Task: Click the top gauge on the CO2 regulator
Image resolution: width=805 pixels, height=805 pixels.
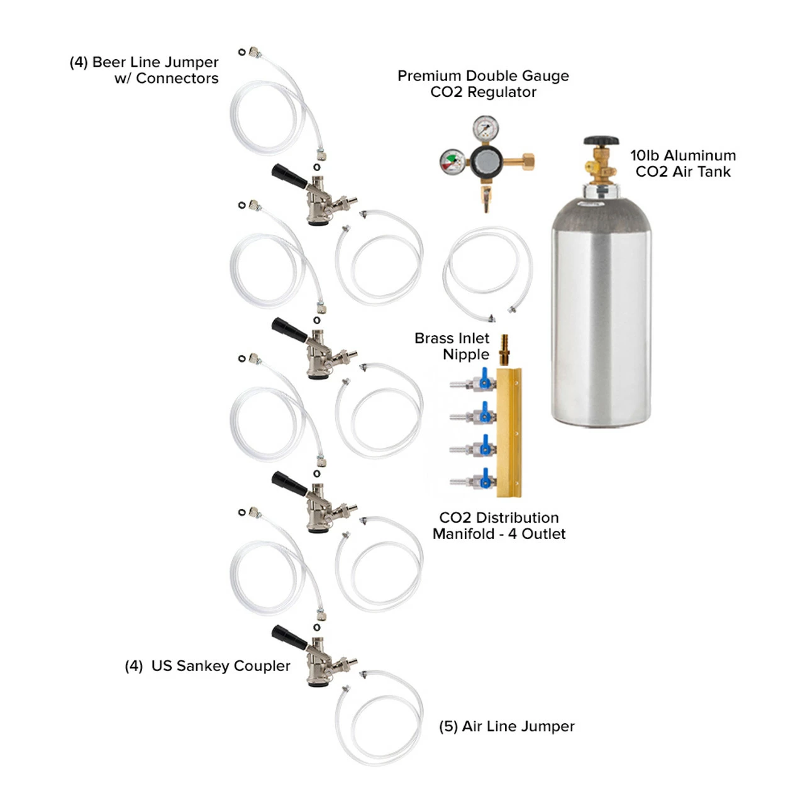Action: (486, 129)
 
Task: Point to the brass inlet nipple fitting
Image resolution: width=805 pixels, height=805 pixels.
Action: (504, 350)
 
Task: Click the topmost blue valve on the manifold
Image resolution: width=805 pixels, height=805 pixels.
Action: (484, 380)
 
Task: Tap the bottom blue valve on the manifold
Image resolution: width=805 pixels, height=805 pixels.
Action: (486, 480)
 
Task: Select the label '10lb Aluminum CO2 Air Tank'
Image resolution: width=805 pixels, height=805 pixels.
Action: (683, 164)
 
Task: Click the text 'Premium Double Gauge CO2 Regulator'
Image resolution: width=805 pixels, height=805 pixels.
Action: (483, 84)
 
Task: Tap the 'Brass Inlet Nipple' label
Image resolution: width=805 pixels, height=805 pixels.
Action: (452, 346)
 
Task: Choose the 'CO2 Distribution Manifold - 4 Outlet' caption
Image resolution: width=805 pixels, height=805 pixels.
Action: (499, 526)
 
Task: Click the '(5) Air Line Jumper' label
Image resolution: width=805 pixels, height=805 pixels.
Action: (506, 726)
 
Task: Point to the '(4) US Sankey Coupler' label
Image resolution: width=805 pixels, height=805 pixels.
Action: (208, 666)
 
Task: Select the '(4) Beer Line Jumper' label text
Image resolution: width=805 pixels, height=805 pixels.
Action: (144, 70)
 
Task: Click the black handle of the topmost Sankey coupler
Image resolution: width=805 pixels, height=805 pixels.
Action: (289, 175)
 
